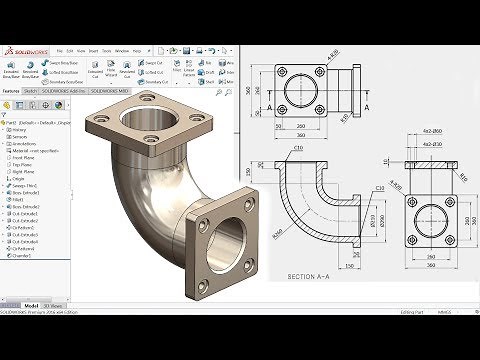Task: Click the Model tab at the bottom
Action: click(x=31, y=304)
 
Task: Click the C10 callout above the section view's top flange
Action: click(x=298, y=149)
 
